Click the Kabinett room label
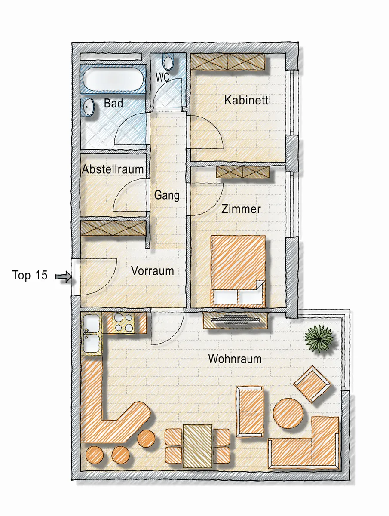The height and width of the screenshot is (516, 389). click(x=246, y=100)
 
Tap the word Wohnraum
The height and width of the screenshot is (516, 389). click(x=235, y=359)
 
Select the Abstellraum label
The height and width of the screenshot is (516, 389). click(x=113, y=169)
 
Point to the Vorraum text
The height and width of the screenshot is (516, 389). click(x=153, y=271)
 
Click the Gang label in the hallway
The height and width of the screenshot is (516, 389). click(x=167, y=195)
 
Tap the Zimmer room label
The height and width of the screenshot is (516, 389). click(x=241, y=209)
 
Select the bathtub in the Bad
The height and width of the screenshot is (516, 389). click(x=113, y=79)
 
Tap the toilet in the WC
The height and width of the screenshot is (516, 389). click(x=168, y=63)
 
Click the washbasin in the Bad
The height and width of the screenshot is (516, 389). click(x=87, y=107)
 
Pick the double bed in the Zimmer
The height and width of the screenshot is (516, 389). click(x=238, y=271)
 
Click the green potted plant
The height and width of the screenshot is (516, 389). click(x=319, y=338)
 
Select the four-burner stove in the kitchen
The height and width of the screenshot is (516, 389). click(x=124, y=322)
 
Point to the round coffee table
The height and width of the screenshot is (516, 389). click(x=288, y=413)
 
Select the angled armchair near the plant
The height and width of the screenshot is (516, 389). click(x=312, y=384)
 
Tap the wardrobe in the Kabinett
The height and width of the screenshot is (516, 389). click(x=227, y=61)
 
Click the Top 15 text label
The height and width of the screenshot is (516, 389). click(x=30, y=275)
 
